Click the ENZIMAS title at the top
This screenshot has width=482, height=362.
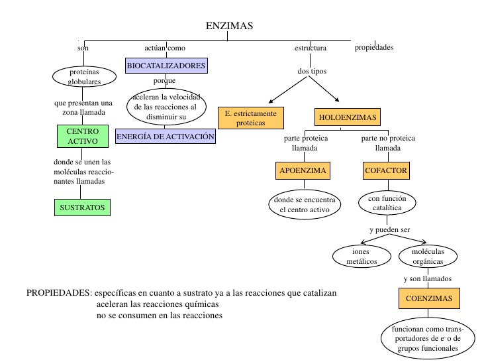click(229, 26)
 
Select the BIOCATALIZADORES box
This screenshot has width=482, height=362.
click(166, 66)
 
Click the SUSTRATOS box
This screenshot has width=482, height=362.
click(83, 208)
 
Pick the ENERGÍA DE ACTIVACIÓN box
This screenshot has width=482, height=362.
click(166, 137)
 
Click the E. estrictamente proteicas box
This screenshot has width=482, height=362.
click(251, 118)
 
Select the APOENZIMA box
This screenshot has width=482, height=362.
click(303, 170)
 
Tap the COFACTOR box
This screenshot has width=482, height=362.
click(386, 170)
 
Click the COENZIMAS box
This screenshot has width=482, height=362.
click(429, 298)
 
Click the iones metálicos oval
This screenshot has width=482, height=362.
click(361, 257)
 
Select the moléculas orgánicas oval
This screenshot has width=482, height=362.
click(428, 257)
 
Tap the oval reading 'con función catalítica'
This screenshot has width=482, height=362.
click(386, 203)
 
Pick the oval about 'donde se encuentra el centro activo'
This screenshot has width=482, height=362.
click(305, 205)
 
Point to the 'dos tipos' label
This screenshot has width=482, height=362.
click(312, 71)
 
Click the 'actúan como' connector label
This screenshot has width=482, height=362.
click(165, 48)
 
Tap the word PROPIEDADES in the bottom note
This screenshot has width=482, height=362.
click(58, 293)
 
